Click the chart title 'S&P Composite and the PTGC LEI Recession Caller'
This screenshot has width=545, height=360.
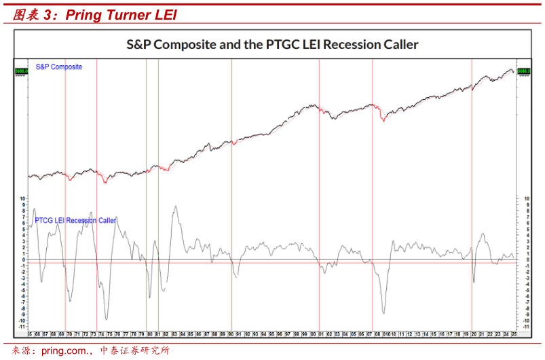[x=272, y=45]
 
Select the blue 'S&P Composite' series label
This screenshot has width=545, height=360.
[x=58, y=67]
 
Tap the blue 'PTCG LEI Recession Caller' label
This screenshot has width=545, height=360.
[x=75, y=221]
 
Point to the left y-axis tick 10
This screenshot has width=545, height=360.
[x=22, y=198]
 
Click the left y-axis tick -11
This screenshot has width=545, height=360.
[x=22, y=327]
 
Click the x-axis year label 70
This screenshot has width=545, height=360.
[x=69, y=334]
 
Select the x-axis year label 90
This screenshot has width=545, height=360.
[x=231, y=334]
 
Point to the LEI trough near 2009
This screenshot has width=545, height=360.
[x=384, y=314]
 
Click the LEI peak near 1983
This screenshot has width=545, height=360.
[x=176, y=206]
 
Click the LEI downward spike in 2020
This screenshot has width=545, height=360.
[x=474, y=282]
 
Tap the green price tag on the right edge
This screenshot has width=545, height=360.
[x=523, y=71]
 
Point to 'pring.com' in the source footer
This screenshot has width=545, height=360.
[x=65, y=351]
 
